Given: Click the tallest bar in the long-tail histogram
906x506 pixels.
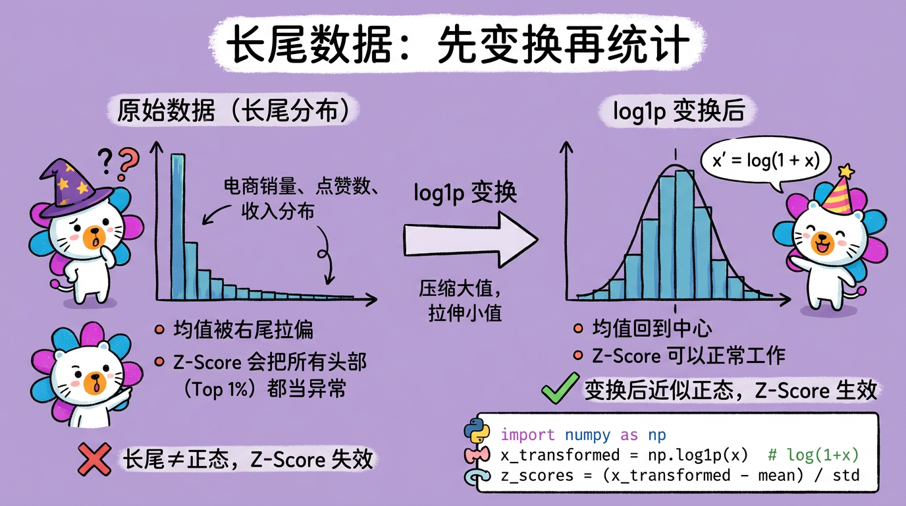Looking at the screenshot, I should click(176, 224).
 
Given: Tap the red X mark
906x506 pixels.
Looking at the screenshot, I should click(93, 459).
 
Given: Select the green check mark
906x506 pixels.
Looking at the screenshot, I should click(559, 389).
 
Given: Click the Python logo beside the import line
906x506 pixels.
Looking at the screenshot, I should click(477, 432).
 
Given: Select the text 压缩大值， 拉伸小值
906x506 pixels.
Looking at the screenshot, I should click(461, 300).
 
